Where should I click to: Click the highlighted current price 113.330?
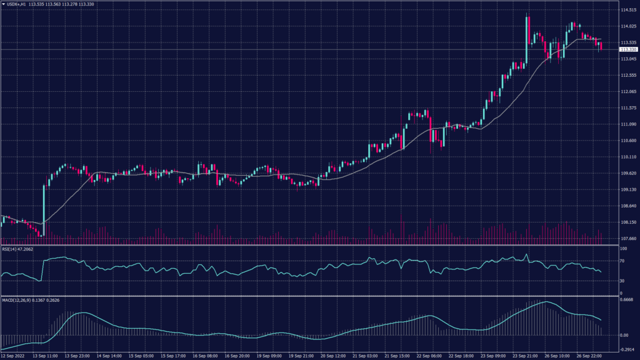627,49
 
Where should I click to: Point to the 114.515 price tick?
627,10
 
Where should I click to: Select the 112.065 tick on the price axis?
627,92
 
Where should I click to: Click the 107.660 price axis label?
627,238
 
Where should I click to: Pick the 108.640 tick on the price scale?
627,206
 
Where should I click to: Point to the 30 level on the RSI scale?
622,281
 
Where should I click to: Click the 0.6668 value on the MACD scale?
626,299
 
